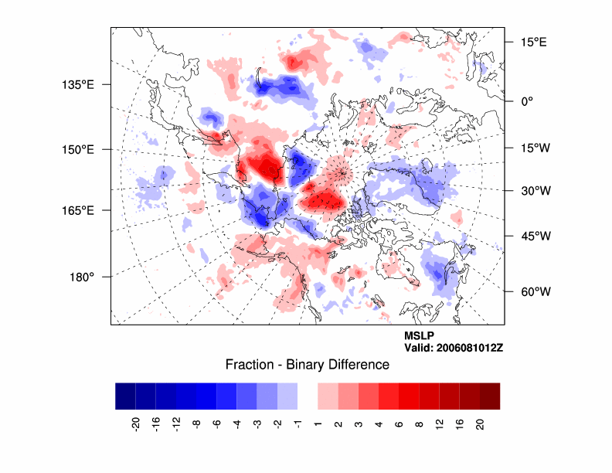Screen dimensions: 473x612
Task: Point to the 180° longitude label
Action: pos(83,277)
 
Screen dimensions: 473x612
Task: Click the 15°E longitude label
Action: pos(533,42)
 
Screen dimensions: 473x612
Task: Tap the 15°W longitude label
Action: pos(533,148)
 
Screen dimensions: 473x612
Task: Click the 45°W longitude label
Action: pos(533,236)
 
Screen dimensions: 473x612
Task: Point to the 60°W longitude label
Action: pos(533,291)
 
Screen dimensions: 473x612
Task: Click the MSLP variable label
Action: pos(419,336)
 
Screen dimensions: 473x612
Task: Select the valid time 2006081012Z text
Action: pos(454,348)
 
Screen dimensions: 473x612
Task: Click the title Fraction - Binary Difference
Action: pos(307,365)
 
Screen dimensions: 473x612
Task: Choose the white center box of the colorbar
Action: pos(307,396)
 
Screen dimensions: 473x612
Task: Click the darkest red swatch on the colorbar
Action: pos(489,396)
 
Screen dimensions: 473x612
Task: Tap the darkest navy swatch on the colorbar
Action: pos(125,396)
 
